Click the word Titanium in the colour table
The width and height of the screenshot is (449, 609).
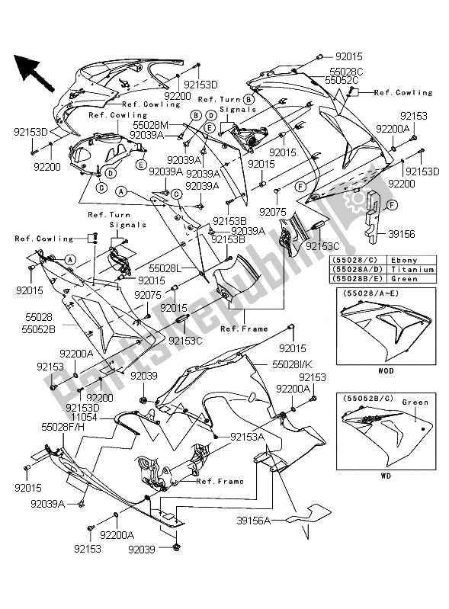coord(410,269)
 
